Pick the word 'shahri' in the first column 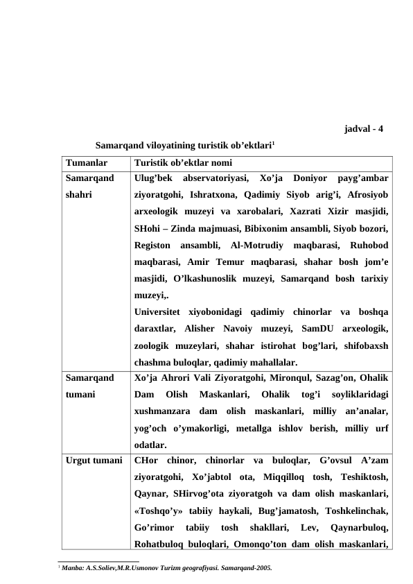pyautogui.click(x=78, y=196)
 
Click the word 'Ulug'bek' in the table pyautogui.click(x=152, y=178)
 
